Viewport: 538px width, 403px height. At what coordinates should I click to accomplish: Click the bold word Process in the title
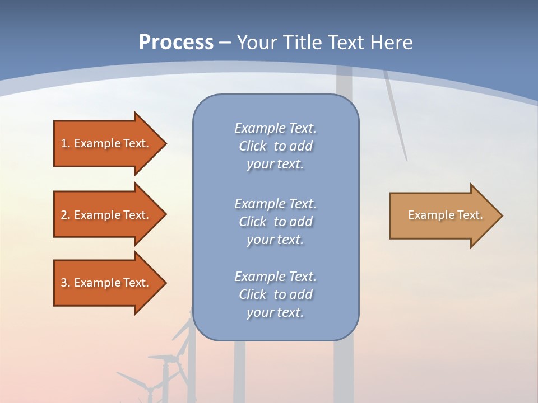[x=176, y=43]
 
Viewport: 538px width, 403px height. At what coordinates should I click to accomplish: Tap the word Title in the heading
[x=303, y=43]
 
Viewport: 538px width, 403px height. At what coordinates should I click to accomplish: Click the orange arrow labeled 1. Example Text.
[x=106, y=143]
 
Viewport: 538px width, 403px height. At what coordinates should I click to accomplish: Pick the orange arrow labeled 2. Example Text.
[x=106, y=215]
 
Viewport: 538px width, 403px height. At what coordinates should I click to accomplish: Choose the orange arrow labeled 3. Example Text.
[x=106, y=283]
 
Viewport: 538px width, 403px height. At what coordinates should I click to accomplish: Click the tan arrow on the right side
[x=443, y=215]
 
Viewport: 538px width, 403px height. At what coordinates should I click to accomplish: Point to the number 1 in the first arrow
[x=64, y=143]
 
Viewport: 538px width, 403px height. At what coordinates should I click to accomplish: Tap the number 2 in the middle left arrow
[x=64, y=215]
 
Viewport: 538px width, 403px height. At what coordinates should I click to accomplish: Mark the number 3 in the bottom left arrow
[x=64, y=283]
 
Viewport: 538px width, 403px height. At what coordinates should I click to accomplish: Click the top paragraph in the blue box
[x=275, y=146]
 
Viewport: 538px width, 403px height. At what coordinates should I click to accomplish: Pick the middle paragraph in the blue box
[x=275, y=222]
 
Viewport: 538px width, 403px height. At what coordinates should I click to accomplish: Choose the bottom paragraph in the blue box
[x=275, y=294]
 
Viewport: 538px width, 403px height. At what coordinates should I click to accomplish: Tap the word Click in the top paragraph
[x=253, y=146]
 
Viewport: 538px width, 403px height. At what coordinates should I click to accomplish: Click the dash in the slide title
[x=225, y=43]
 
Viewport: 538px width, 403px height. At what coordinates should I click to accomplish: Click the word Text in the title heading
[x=347, y=43]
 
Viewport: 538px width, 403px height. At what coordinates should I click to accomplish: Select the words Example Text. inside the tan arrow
[x=445, y=215]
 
